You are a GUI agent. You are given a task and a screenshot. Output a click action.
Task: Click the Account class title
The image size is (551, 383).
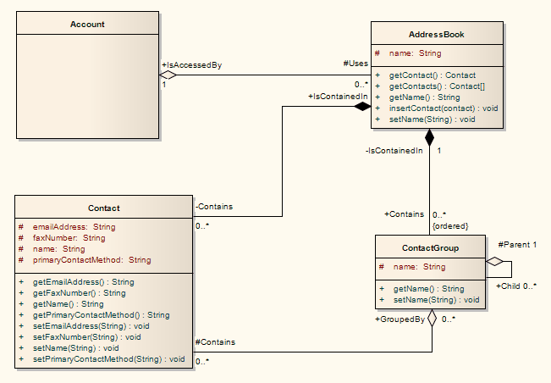point(87,25)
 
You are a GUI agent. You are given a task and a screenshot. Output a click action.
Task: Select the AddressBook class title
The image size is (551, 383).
point(436,35)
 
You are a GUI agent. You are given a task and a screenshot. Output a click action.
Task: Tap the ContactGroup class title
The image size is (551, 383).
point(429,248)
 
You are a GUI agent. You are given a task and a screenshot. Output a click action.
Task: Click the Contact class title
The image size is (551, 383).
point(104,208)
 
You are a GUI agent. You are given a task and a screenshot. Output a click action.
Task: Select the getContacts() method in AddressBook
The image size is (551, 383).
point(426,86)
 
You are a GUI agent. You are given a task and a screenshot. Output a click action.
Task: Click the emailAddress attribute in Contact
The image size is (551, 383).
point(74,227)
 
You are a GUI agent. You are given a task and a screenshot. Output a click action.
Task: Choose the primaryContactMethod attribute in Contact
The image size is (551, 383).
point(91,260)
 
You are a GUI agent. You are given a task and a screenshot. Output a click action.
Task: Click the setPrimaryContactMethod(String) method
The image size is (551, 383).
point(108,359)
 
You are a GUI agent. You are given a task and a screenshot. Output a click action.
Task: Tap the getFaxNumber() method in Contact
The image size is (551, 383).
point(79,293)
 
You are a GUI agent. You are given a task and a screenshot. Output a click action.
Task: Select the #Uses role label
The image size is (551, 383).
point(355,64)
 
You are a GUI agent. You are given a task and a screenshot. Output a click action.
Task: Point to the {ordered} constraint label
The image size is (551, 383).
point(449,225)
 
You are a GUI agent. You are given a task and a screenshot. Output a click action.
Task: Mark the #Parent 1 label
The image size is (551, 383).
point(517,245)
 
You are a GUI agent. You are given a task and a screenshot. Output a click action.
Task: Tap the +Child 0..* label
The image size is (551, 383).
point(515,286)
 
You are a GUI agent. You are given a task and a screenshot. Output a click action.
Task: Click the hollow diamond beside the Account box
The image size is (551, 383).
point(168,75)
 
